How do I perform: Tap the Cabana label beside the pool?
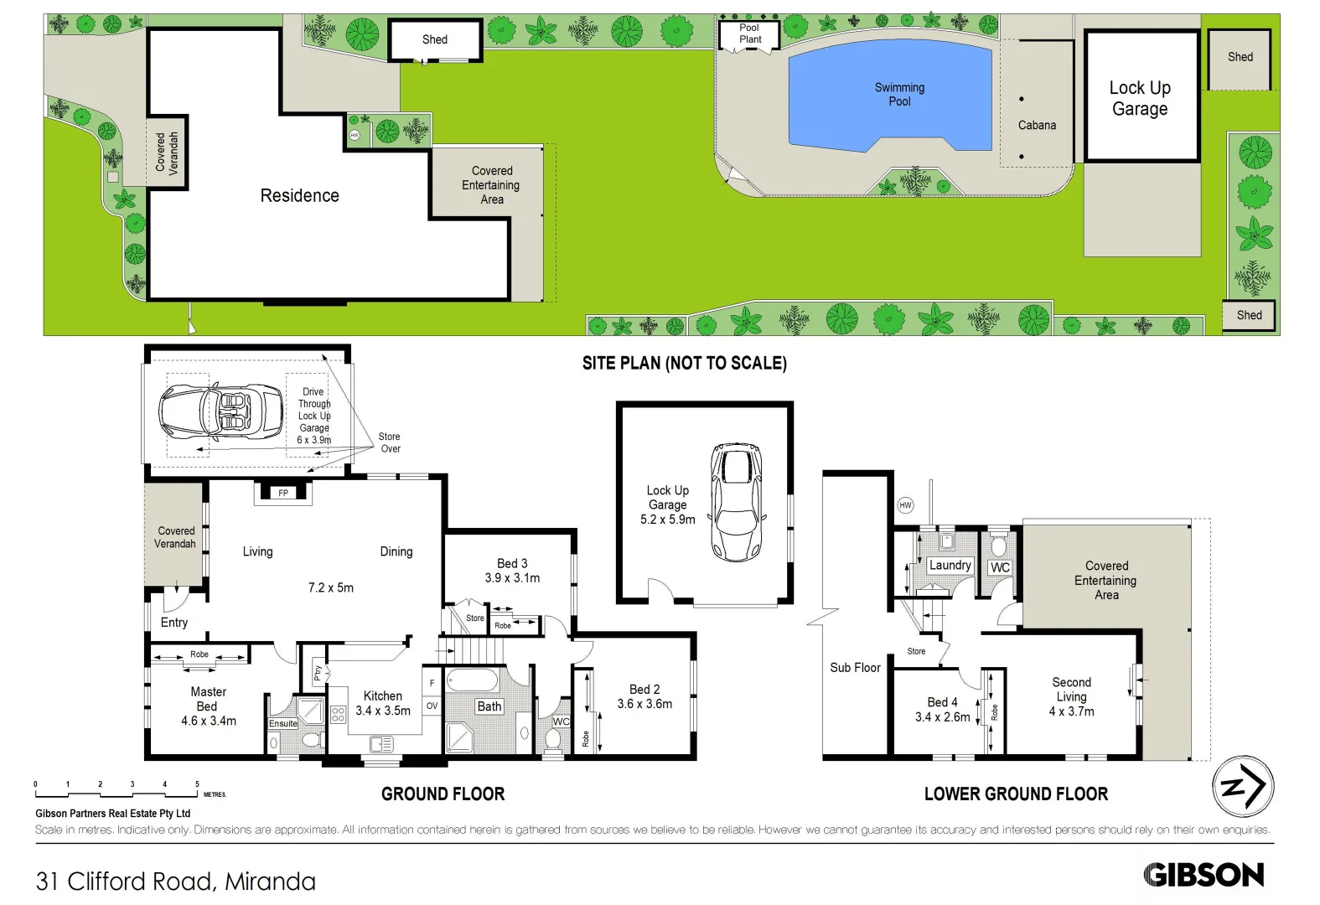(x=1037, y=125)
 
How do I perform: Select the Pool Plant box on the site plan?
(x=749, y=34)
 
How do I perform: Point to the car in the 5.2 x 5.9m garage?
(x=737, y=501)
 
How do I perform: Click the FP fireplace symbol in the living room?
(x=283, y=493)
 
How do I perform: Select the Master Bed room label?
(x=208, y=699)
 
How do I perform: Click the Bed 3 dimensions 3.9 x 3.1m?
(x=512, y=578)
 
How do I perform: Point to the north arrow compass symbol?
(x=1243, y=786)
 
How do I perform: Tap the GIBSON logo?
(x=1204, y=875)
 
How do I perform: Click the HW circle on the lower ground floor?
(x=905, y=504)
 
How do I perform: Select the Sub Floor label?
(x=855, y=667)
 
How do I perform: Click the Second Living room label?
(x=1071, y=689)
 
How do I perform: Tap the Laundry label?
(x=950, y=565)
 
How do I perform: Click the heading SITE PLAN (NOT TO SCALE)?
(x=684, y=363)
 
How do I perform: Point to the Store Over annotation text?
(x=390, y=442)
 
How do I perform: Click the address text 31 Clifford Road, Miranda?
(x=176, y=882)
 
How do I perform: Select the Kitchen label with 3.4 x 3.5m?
(x=383, y=703)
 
